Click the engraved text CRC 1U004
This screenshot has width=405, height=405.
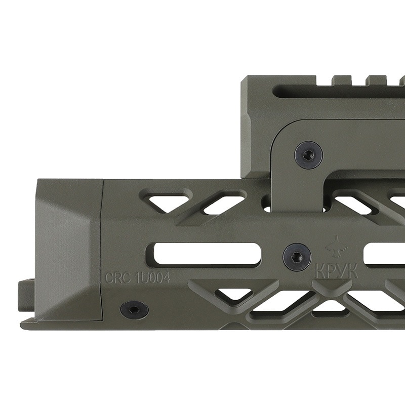click(137, 278)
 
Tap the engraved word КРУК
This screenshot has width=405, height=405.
click(337, 271)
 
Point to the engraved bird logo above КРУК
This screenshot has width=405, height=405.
click(336, 247)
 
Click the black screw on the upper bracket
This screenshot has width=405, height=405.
click(308, 155)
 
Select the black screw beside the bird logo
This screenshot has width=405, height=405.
click(297, 257)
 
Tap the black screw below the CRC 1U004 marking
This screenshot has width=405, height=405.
click(134, 309)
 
